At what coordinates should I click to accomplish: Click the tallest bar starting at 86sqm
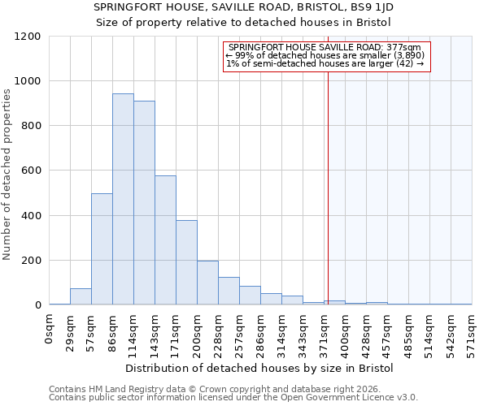pos(123,199)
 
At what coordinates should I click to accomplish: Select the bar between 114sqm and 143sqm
pos(144,203)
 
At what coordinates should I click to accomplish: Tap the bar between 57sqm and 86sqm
pos(102,249)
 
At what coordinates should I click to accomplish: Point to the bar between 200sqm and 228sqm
pos(207,283)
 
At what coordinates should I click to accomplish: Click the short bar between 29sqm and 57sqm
pos(81,296)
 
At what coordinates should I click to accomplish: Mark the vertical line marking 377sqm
pos(328,187)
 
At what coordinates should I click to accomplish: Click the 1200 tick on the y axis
pos(29,37)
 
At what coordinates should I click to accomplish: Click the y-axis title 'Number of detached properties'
pos(7,175)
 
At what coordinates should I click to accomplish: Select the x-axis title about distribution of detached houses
pos(259,368)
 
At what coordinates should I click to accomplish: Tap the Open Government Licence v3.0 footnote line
pos(233,398)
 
